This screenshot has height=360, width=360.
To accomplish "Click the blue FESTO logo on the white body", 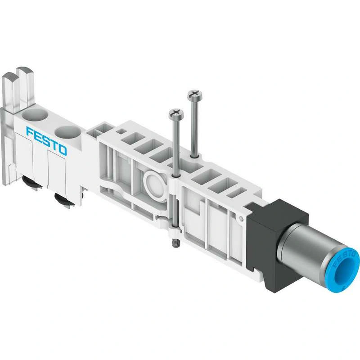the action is [x=47, y=140].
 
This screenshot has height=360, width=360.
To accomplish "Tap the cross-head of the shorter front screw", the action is [x=176, y=114].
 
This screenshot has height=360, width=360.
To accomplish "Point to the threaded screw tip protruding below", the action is [x=174, y=243].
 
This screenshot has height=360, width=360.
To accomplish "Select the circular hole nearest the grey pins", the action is [x=35, y=114].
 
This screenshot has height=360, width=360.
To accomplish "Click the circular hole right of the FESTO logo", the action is [x=67, y=133].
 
